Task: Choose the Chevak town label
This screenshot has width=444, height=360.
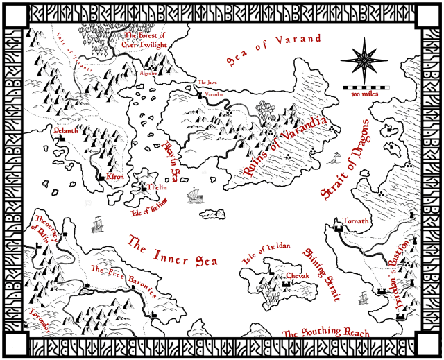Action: (298, 275)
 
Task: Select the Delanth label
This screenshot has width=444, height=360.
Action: (65, 129)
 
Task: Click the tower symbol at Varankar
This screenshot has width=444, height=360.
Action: (199, 95)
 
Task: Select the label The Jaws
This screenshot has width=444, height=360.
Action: (207, 82)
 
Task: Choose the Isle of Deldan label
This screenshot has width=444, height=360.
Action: (266, 253)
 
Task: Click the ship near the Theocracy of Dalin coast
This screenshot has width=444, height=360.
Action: (98, 224)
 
